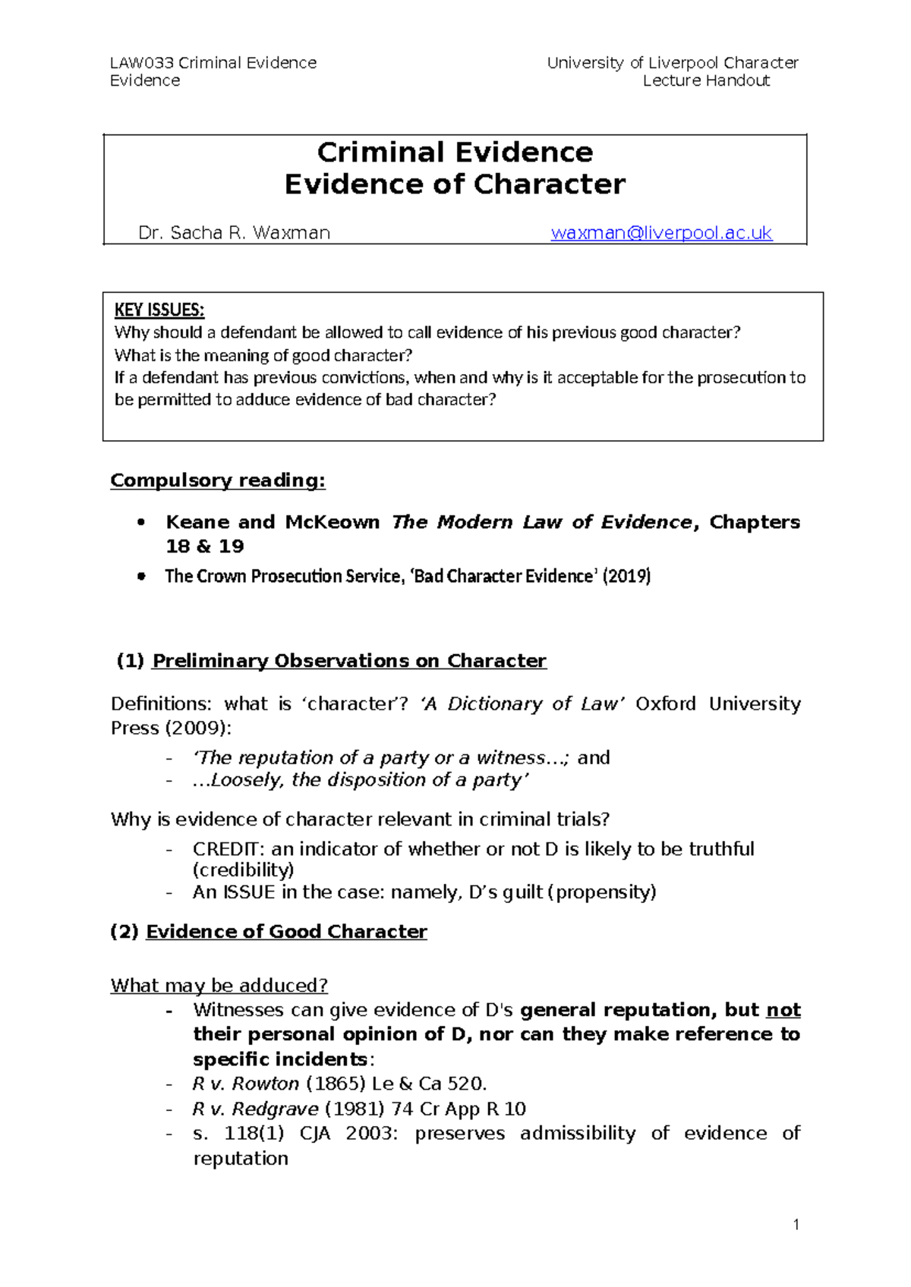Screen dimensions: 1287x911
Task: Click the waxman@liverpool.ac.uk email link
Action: [x=660, y=233]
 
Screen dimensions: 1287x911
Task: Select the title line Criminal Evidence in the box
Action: [x=454, y=153]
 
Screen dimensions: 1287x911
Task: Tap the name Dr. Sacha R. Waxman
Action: [x=234, y=233]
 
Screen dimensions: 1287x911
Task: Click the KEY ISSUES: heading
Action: [x=159, y=310]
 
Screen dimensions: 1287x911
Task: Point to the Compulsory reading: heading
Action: [x=217, y=480]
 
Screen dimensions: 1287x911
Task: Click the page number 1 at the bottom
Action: [x=796, y=1224]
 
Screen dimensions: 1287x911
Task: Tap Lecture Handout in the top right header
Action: [x=706, y=80]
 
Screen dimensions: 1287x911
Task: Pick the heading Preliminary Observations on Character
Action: [x=349, y=661]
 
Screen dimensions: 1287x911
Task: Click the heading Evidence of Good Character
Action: [x=286, y=932]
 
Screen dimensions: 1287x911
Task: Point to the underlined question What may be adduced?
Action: [x=219, y=986]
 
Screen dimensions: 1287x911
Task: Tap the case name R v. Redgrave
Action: [x=255, y=1109]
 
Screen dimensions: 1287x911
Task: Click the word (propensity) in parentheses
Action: [x=605, y=892]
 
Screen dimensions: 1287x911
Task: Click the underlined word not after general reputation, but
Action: [x=783, y=1010]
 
